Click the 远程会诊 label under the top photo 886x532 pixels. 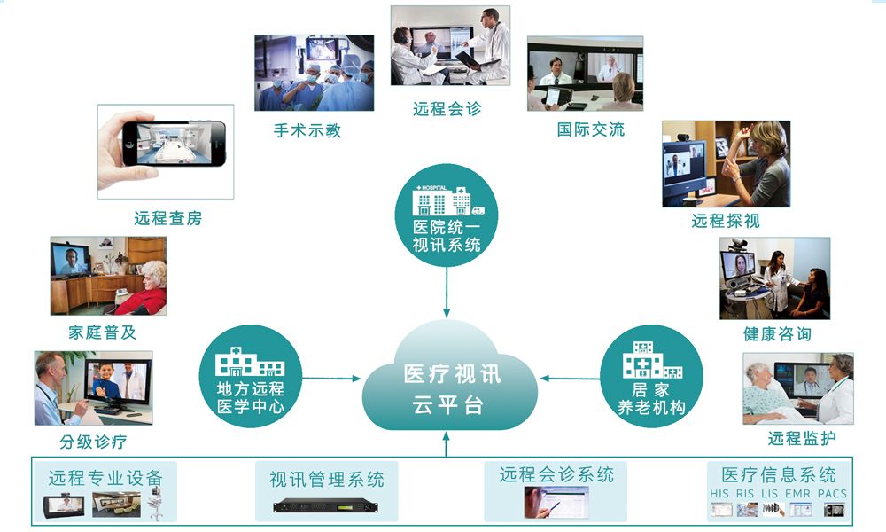pos(447,110)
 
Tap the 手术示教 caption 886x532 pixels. pos(307,130)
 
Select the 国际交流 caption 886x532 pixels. pos(591,129)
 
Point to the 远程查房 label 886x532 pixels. pos(168,218)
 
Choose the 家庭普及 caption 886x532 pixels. pos(103,333)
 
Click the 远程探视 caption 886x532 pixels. pos(726,221)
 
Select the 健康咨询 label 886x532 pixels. pos(777,334)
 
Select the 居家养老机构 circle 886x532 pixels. pos(651,376)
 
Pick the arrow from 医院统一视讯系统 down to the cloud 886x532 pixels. pos(447,293)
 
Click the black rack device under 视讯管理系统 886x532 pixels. pos(326,506)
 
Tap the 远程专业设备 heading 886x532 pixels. pos(106,478)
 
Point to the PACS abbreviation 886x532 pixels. pos(832,494)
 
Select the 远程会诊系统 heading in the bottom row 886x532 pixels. pos(556,474)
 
